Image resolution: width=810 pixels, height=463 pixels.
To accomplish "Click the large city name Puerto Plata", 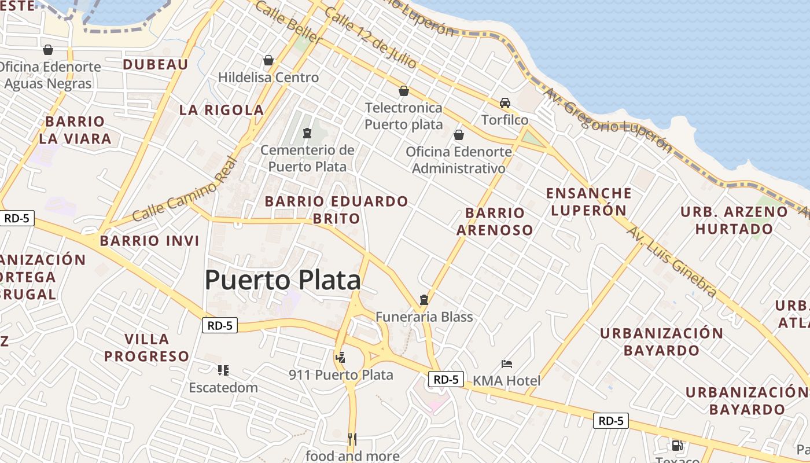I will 282,281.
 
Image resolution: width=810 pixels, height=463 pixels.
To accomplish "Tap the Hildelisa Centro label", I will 268,78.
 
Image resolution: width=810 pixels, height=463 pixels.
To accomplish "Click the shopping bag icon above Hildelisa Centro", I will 268,60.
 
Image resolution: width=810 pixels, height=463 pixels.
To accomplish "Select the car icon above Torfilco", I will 505,103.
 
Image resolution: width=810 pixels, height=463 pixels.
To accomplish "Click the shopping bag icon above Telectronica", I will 404,91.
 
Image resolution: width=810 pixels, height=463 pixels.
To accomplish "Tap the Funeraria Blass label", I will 424,317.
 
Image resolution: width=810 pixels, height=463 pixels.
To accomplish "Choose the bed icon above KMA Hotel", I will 507,364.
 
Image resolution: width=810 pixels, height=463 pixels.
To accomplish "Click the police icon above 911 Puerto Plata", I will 341,357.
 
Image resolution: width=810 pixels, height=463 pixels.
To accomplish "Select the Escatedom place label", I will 223,388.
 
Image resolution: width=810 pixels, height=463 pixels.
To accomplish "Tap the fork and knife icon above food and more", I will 352,439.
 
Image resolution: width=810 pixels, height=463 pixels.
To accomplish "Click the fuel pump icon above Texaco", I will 677,446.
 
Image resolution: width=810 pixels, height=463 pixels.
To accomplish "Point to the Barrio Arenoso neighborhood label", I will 495,221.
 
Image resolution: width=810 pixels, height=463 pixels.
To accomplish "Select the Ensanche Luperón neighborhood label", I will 589,201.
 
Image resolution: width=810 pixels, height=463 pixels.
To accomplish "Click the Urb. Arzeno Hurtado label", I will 734,220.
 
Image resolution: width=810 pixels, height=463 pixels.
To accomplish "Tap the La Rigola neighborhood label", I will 221,110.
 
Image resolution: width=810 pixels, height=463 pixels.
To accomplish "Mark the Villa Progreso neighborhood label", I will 146,347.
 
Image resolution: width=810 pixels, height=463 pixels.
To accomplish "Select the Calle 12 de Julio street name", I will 363,37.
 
